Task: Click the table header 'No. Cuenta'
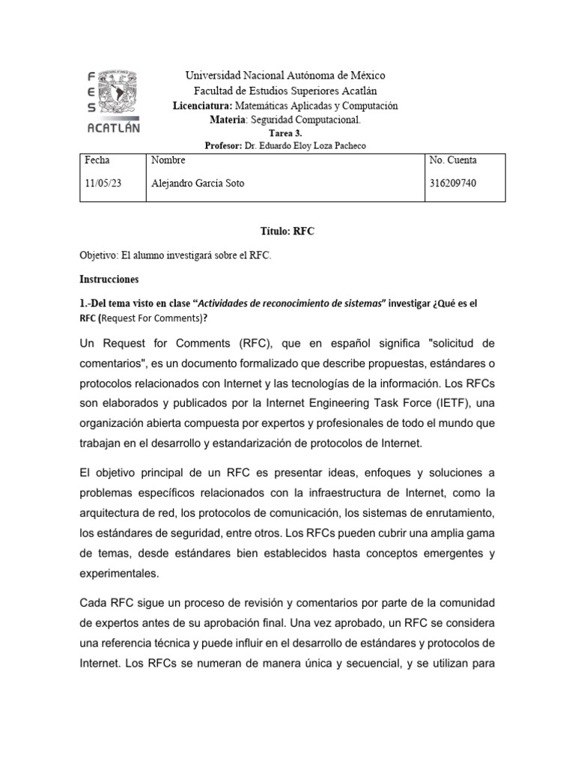tap(453, 160)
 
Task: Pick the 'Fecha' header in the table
tap(97, 160)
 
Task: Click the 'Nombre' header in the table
tap(168, 160)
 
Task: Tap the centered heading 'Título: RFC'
tap(287, 231)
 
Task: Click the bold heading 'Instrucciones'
tap(109, 279)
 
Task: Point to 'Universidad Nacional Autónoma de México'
tap(285, 76)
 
